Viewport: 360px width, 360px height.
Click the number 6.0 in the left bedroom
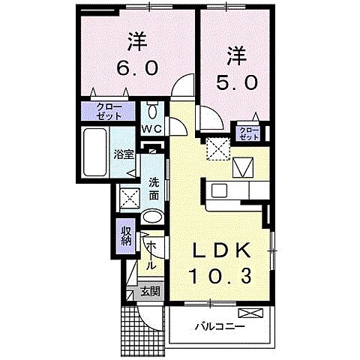tap(136, 67)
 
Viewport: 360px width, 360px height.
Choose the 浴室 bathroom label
tap(124, 154)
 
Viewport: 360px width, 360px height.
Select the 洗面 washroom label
tap(153, 188)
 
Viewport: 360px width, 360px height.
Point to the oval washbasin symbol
tap(151, 217)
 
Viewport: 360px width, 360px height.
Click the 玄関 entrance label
tap(150, 292)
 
